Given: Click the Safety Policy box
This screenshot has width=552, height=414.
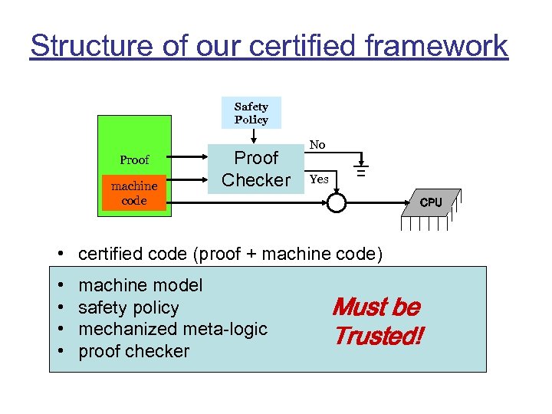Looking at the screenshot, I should pos(251,113).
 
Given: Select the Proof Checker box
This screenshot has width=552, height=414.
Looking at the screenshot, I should pos(256,169).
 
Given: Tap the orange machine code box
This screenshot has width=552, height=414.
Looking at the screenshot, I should pos(134,193).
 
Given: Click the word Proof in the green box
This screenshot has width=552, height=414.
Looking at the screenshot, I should pos(134,160).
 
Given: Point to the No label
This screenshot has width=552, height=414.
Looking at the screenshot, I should pos(317,145).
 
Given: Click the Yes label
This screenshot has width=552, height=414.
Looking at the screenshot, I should pos(319,179).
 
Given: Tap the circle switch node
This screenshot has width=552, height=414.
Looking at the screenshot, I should pos(337,202).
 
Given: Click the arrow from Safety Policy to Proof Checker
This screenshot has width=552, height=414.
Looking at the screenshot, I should pos(253,136).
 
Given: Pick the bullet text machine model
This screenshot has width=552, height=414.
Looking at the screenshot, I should pos(140,285).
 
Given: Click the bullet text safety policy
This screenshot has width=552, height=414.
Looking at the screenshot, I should pos(129,307).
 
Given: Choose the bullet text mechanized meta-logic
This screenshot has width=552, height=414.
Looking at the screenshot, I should pos(172,329).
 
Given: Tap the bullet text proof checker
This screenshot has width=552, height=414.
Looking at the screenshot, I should pos(133,351).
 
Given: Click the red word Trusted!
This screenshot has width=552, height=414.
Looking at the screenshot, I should pos(377,336).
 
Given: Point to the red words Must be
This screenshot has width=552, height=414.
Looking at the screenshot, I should pos(376,307).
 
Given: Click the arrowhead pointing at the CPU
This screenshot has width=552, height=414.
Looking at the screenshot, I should pos(406,203).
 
